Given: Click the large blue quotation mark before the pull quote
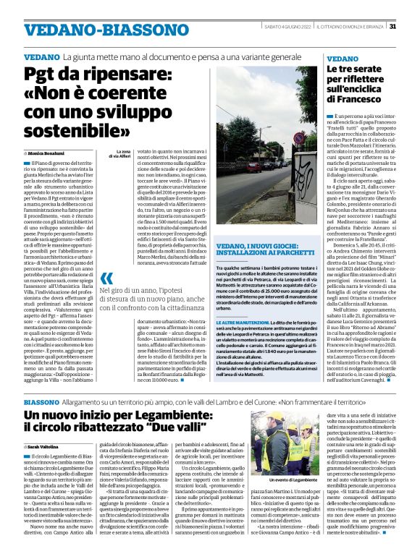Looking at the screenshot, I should coord(108,279).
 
